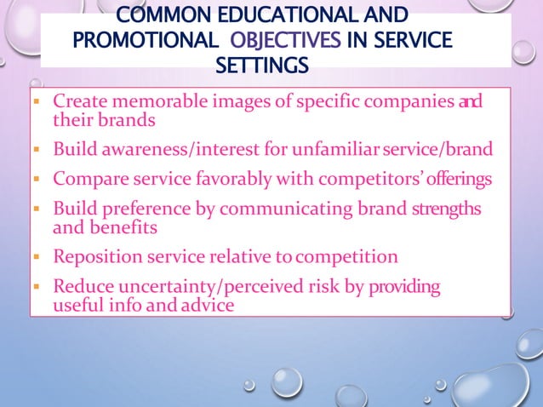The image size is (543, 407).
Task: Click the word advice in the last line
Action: (x=204, y=304)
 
